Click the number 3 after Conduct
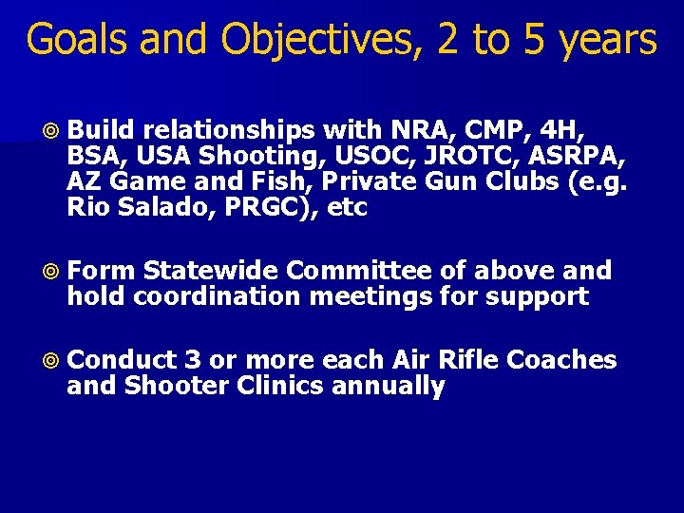pyautogui.click(x=193, y=361)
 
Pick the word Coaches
pyautogui.click(x=561, y=361)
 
